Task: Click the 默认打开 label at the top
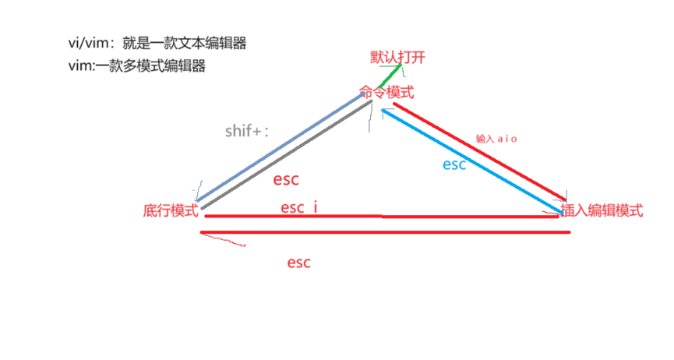pyautogui.click(x=398, y=58)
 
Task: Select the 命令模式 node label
pyautogui.click(x=386, y=93)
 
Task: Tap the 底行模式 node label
pyautogui.click(x=171, y=211)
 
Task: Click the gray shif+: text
pyautogui.click(x=246, y=131)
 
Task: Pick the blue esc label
pyautogui.click(x=454, y=165)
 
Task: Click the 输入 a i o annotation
pyautogui.click(x=496, y=139)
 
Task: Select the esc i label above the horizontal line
pyautogui.click(x=299, y=207)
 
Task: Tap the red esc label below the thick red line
pyautogui.click(x=298, y=263)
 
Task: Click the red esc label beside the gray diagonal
pyautogui.click(x=286, y=179)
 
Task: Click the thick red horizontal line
pyautogui.click(x=386, y=232)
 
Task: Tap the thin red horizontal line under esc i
pyautogui.click(x=382, y=217)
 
